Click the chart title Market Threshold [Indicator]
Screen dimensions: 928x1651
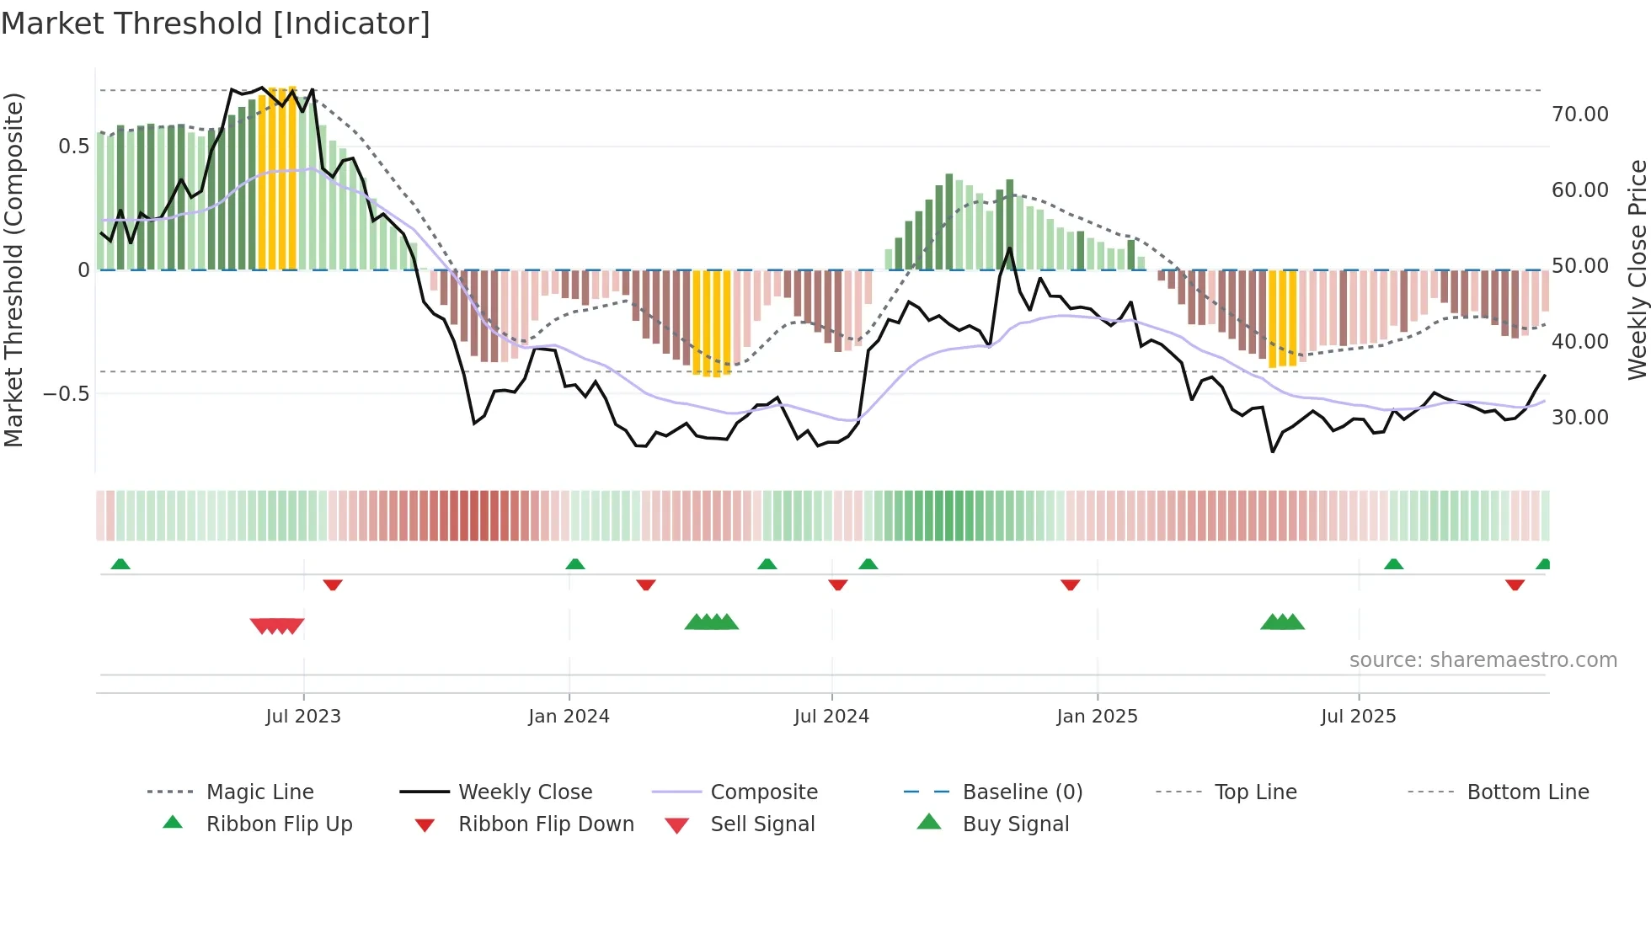[216, 24]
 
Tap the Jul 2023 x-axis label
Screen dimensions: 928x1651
[303, 717]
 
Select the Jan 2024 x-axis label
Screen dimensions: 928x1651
[569, 717]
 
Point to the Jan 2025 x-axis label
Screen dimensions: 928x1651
[1097, 717]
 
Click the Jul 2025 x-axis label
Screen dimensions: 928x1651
[1358, 717]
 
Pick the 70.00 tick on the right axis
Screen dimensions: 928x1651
[1579, 115]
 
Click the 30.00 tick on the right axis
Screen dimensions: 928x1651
[1579, 418]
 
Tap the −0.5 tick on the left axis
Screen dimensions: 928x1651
[67, 394]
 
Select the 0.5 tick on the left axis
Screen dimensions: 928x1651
[73, 147]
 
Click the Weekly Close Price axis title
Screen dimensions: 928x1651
[1637, 269]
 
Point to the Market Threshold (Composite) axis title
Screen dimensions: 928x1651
[13, 269]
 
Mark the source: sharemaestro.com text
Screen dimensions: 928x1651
[1483, 660]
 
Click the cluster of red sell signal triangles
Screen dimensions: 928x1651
[277, 626]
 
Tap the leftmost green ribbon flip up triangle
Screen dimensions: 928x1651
[120, 564]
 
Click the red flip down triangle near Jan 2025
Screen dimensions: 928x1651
[1070, 584]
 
